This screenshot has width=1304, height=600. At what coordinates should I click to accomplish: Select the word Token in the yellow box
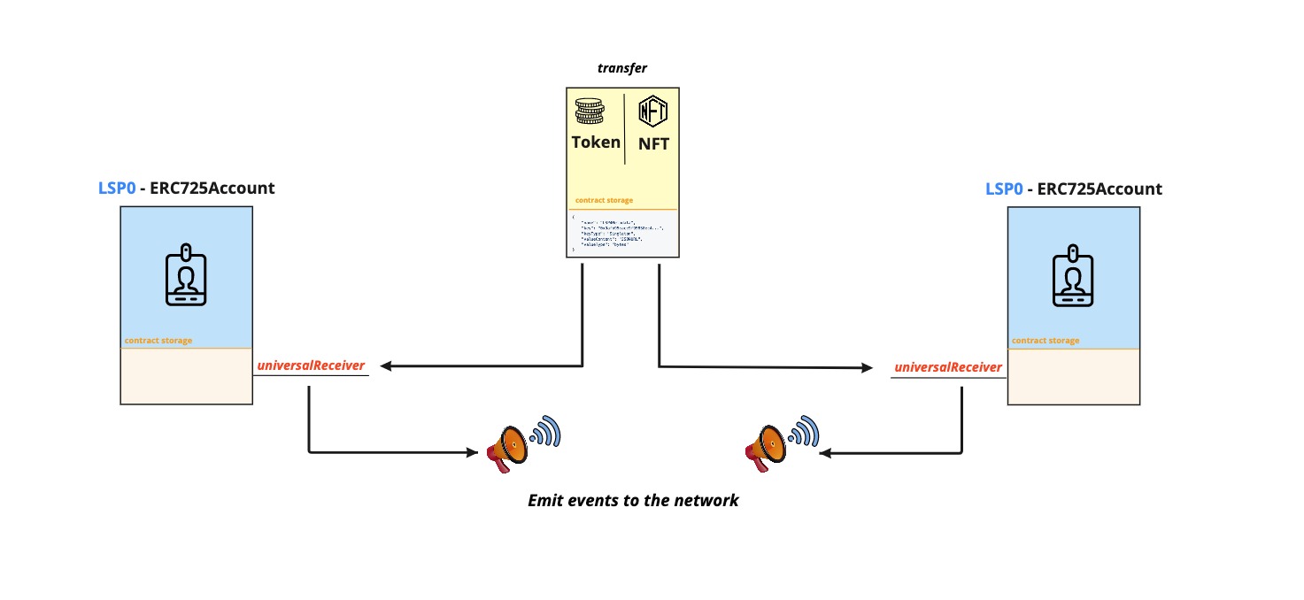[x=596, y=142]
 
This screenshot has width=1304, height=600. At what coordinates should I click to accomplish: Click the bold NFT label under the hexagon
[x=653, y=144]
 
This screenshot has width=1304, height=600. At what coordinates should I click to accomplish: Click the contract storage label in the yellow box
[x=604, y=201]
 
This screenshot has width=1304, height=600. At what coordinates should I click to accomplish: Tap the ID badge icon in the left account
[x=186, y=277]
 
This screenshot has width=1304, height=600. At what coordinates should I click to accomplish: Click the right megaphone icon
[x=768, y=444]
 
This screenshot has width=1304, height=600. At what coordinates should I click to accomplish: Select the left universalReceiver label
[x=310, y=365]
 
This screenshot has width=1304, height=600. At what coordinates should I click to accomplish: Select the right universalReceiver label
[x=948, y=367]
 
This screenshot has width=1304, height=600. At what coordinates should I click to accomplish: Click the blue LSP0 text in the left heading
[x=116, y=188]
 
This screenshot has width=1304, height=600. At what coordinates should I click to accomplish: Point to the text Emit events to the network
[x=633, y=501]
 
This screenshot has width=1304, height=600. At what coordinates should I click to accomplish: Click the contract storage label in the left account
[x=158, y=341]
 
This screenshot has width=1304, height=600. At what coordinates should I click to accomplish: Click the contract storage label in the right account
[x=1046, y=341]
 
